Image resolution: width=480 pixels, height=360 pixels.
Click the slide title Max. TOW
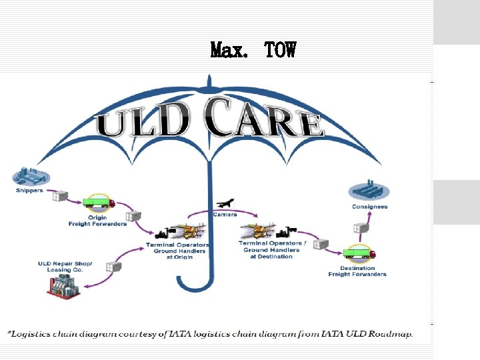253,50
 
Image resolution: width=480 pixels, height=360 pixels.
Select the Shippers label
29,191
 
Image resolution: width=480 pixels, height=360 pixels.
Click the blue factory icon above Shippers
30,177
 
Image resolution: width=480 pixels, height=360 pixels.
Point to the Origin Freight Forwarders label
97,221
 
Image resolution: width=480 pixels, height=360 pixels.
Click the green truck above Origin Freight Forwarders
99,202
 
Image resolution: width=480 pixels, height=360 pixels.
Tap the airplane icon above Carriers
226,202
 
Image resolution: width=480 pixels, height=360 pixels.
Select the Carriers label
225,215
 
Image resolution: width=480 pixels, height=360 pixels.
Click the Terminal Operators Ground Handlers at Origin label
177,251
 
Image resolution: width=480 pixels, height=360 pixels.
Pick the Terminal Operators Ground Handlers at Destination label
272,249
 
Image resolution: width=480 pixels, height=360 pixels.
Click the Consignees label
369,207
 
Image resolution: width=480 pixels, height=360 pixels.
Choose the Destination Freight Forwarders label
357,271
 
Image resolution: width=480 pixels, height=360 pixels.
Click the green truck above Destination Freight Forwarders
359,253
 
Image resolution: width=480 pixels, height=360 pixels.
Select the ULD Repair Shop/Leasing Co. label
65,267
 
